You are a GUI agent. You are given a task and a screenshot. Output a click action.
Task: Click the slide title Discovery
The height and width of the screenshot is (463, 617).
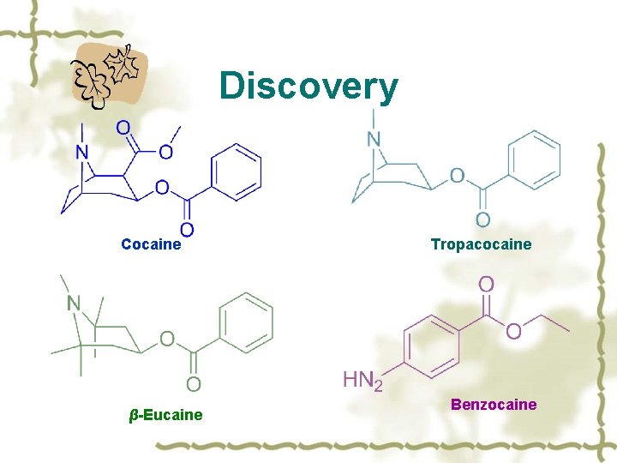[308, 86]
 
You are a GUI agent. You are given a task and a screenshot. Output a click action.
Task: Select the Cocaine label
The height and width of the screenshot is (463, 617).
[152, 244]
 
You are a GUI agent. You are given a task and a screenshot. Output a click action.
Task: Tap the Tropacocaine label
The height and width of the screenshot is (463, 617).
[481, 244]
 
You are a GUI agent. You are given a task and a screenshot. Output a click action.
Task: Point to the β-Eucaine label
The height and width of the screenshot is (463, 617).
[165, 415]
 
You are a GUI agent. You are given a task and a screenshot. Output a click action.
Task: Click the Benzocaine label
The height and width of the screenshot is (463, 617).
[494, 404]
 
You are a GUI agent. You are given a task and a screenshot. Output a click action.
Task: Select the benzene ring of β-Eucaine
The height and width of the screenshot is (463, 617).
[247, 322]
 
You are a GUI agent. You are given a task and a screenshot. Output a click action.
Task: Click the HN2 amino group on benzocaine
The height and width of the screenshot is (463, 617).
[362, 380]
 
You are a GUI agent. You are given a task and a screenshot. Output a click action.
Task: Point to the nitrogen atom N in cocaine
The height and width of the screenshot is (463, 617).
[82, 153]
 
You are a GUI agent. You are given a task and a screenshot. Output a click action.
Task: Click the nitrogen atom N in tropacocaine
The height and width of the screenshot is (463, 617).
[374, 138]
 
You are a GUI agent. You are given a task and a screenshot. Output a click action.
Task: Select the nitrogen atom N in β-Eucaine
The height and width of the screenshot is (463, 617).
[74, 304]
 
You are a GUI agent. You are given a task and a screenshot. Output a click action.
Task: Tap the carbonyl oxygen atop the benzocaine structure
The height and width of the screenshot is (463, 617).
[485, 283]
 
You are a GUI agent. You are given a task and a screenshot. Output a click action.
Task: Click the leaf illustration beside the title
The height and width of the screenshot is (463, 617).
[109, 74]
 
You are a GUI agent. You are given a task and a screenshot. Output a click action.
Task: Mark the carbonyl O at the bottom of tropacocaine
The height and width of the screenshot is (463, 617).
[483, 220]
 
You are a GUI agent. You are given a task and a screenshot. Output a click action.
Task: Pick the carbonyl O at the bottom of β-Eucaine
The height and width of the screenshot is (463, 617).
[194, 383]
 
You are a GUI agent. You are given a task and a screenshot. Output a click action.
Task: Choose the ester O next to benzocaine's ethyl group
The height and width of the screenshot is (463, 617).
[513, 331]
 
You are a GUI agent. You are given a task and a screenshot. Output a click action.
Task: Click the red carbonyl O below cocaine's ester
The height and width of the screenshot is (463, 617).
[186, 229]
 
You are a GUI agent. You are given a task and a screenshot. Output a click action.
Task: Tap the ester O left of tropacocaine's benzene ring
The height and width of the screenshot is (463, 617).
[457, 176]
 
